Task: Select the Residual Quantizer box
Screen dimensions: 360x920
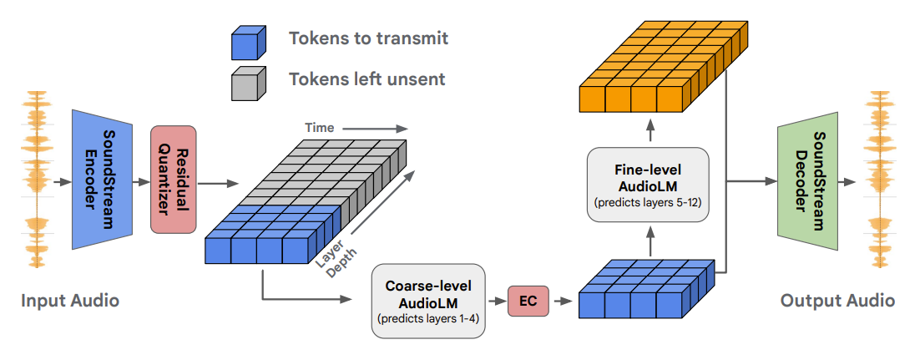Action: click(173, 179)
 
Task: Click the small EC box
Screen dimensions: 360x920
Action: click(528, 301)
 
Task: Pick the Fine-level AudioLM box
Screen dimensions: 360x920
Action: click(648, 184)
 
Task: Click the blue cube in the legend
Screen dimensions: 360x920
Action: click(248, 42)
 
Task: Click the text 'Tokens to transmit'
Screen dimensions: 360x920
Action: click(368, 38)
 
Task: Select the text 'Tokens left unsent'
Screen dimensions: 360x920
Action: click(366, 79)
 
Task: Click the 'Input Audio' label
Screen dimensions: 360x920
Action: click(70, 301)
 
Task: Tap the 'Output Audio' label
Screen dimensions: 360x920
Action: click(837, 301)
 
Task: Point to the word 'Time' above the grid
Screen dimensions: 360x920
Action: click(319, 128)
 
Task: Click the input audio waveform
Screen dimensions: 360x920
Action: click(35, 179)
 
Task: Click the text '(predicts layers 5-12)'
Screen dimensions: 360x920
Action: click(648, 203)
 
